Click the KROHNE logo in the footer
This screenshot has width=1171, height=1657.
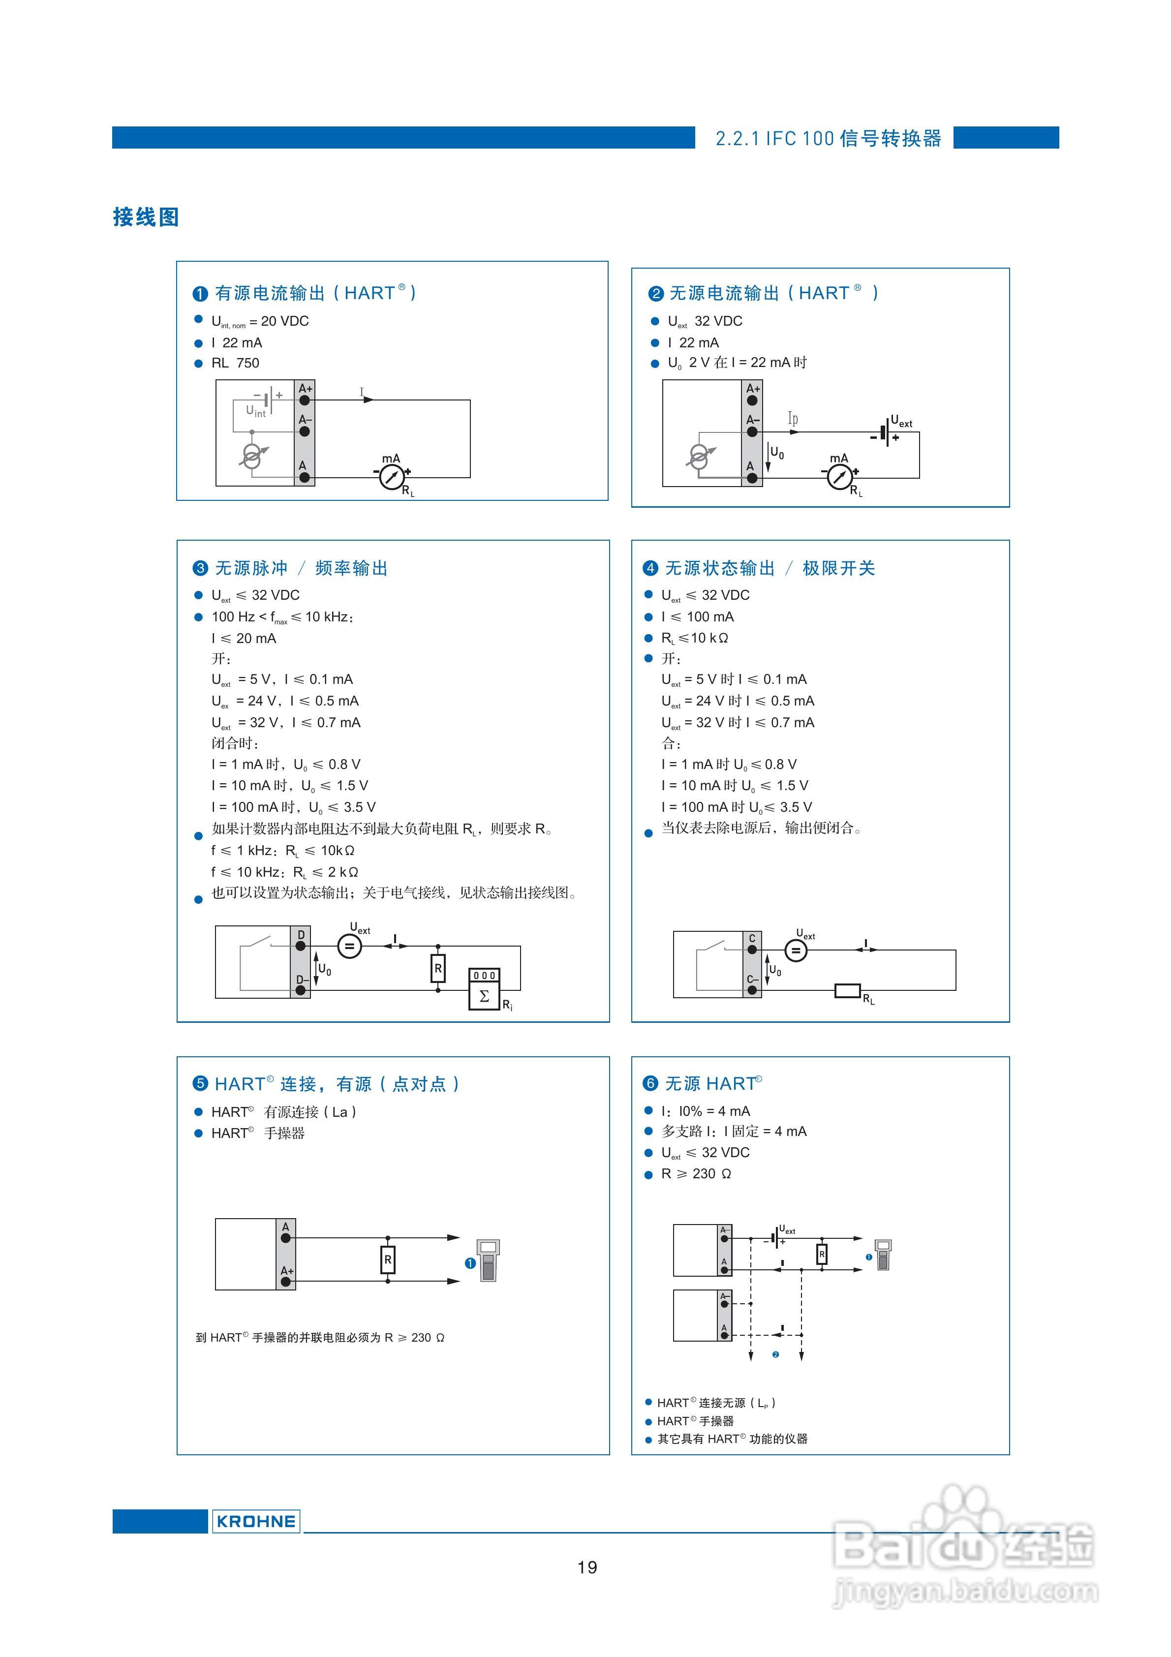click(x=255, y=1521)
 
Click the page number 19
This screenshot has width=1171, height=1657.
click(x=587, y=1567)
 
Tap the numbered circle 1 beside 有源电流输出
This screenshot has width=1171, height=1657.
click(x=200, y=294)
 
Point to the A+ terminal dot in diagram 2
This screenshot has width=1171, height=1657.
click(x=752, y=400)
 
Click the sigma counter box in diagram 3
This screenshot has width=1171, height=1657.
click(x=485, y=996)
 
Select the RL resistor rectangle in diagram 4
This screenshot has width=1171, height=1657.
click(x=848, y=990)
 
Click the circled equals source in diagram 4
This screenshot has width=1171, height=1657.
click(x=796, y=951)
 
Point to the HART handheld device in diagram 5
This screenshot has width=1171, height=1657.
click(x=488, y=1260)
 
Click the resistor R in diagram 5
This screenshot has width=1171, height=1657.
click(x=388, y=1259)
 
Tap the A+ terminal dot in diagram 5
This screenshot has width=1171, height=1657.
click(x=286, y=1282)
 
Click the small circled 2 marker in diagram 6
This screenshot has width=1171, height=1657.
click(x=775, y=1354)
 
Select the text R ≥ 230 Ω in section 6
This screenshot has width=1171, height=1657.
click(x=696, y=1173)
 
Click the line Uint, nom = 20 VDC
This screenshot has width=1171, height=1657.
click(x=260, y=321)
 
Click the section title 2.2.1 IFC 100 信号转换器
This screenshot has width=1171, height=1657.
click(x=828, y=139)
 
